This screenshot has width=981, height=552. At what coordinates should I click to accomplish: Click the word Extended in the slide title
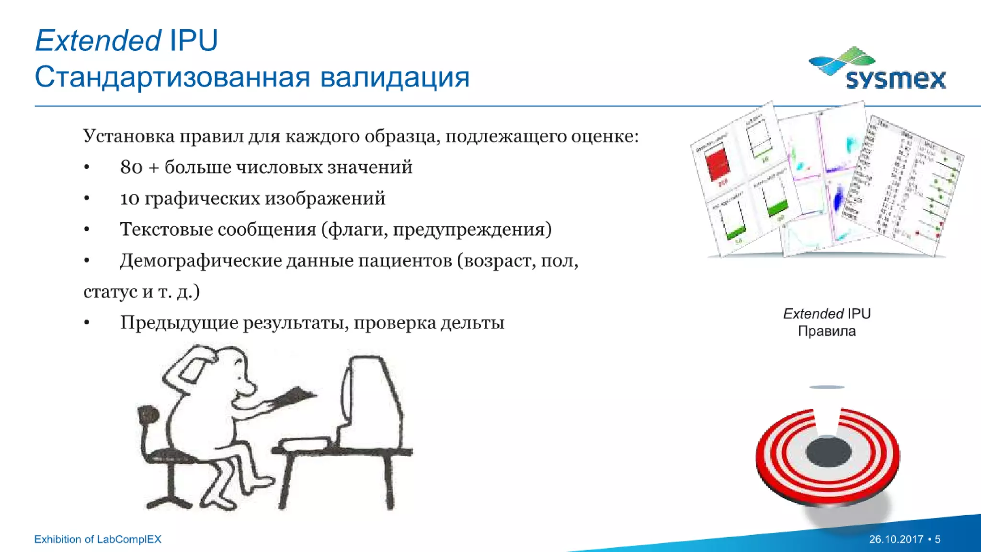98,40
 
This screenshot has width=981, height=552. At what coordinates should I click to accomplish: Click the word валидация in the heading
395,78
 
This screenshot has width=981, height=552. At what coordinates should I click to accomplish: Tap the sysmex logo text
896,80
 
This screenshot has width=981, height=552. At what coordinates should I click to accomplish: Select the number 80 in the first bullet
131,168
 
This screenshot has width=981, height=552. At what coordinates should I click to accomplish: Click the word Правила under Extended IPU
826,331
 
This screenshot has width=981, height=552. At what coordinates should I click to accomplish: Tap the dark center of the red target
828,451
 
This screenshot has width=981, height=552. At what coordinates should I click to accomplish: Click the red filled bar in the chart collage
718,163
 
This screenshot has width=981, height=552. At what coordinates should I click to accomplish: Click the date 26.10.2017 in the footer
896,539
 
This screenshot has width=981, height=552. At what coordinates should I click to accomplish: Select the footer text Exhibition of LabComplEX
98,539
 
